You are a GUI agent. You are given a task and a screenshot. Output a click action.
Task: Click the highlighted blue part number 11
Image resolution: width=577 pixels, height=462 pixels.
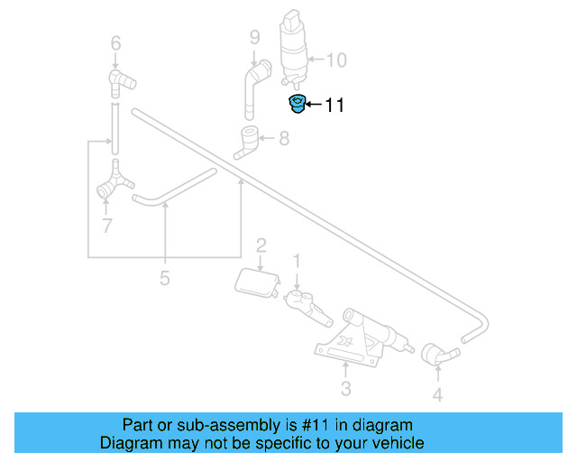(x=296, y=104)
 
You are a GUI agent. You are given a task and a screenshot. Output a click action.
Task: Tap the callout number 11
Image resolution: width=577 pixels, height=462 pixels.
(x=334, y=106)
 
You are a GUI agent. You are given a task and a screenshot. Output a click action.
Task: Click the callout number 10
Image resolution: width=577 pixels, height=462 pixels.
(x=336, y=60)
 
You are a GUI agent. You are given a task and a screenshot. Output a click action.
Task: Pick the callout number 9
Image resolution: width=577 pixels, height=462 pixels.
(x=254, y=37)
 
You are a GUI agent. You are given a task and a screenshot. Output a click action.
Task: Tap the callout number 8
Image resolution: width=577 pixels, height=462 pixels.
(x=284, y=139)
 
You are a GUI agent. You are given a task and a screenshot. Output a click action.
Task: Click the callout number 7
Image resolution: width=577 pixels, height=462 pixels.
(x=106, y=226)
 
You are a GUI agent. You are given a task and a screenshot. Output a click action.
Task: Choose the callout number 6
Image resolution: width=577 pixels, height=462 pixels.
(x=114, y=42)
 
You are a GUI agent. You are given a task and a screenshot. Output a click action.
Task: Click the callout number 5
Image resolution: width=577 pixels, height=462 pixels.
(x=164, y=278)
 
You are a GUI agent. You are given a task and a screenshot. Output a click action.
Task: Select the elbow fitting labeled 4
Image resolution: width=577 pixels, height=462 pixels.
(x=435, y=356)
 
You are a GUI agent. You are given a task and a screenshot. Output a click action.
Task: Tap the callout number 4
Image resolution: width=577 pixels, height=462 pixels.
(x=437, y=395)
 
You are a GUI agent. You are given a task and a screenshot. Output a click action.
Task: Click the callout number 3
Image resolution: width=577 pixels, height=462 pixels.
(x=345, y=389)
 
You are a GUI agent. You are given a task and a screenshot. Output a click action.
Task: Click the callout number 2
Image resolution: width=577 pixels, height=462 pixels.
(x=261, y=245)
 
